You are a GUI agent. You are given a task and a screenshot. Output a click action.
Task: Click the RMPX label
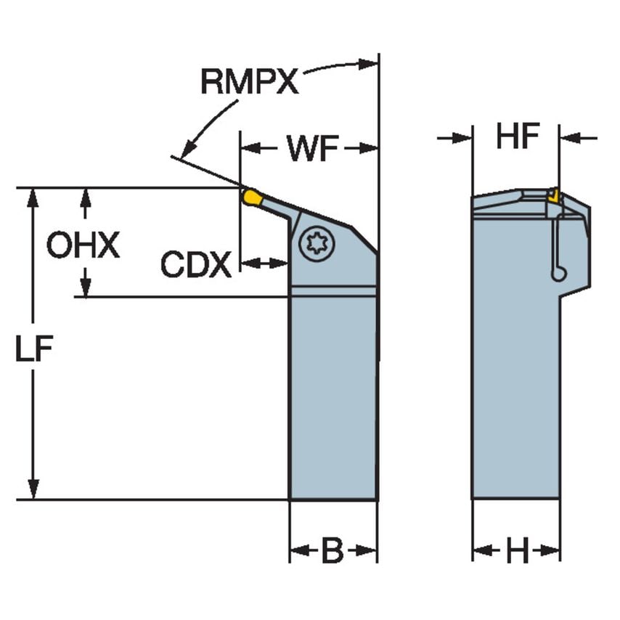250,83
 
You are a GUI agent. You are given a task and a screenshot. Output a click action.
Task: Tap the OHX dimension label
83,246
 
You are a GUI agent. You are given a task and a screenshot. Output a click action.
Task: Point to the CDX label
195,265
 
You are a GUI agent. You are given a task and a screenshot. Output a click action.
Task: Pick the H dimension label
517,552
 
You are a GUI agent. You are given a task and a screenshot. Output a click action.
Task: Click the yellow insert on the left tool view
252,197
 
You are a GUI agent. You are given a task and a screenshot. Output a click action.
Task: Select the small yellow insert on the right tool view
554,195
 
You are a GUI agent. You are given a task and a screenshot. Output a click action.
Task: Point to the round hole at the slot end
558,274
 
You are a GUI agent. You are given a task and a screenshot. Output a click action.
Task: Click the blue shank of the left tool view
333,399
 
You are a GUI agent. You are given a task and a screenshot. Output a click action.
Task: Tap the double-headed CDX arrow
264,263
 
